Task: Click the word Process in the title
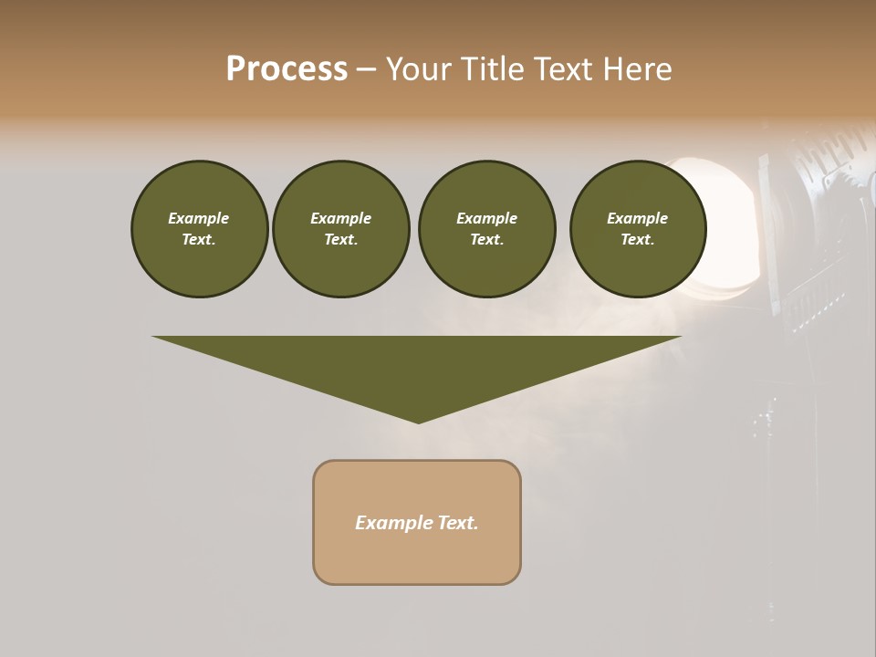point(287,69)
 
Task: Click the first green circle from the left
point(199,229)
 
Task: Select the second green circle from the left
point(340,229)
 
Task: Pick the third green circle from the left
point(486,229)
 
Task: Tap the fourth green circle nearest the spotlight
point(637,229)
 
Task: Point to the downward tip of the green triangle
point(418,422)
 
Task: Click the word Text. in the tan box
point(459,523)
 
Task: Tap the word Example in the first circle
point(199,218)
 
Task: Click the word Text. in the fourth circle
point(637,240)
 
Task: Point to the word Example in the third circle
point(486,218)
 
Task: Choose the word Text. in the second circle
point(340,240)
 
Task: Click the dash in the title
point(366,69)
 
